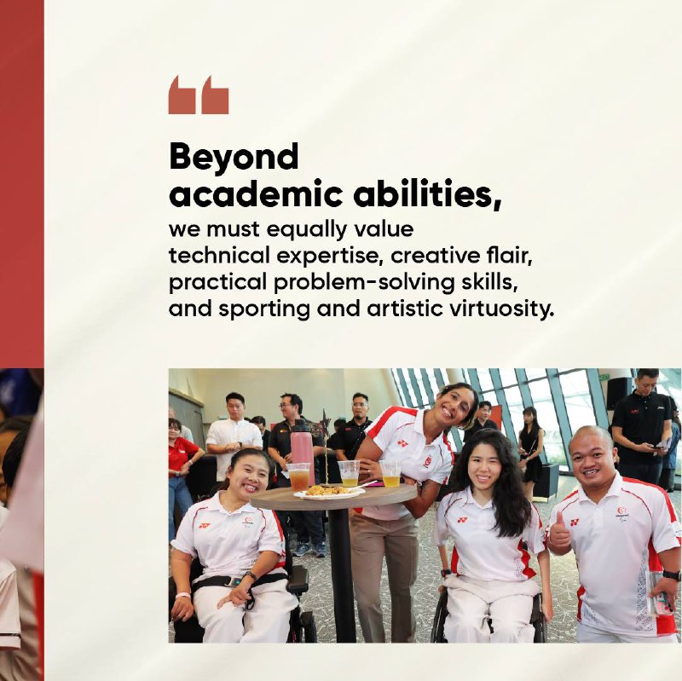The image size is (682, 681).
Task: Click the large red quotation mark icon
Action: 199,95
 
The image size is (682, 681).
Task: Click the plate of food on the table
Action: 329,493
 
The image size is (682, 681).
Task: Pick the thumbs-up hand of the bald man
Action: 559,533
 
